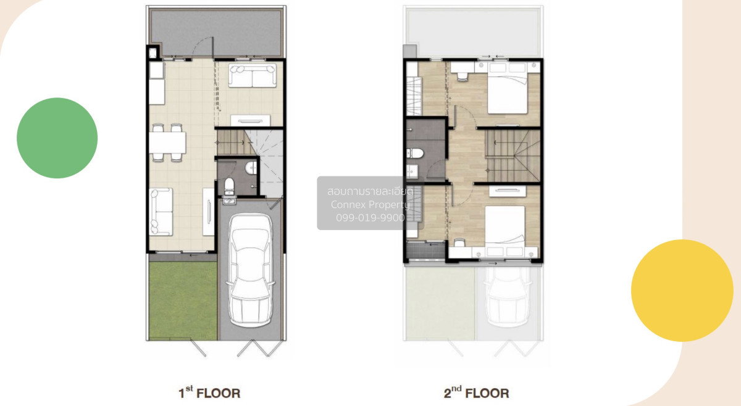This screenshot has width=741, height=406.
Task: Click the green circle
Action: pos(57,138)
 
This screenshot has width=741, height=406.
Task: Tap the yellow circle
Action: pos(682,290)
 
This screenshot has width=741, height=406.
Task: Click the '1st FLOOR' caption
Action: pos(209,392)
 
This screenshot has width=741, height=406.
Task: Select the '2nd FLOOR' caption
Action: pos(476,392)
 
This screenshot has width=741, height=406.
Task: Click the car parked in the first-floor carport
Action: pos(251,270)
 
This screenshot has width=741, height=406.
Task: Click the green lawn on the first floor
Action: pos(183,300)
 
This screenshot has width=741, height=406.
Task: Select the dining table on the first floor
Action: pos(167,143)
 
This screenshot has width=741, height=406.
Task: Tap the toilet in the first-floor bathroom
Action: pos(229,186)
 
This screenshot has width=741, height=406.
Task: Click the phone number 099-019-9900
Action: pos(370,218)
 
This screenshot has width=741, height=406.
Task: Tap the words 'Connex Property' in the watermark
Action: pos(370,205)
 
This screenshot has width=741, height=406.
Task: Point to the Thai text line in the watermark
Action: pos(370,191)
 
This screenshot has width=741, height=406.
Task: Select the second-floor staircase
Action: pos(513,155)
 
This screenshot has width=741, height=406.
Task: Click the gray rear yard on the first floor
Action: pos(217,33)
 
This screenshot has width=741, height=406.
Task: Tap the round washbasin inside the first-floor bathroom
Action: pos(251,168)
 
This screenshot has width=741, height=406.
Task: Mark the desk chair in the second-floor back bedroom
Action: pos(463,77)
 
